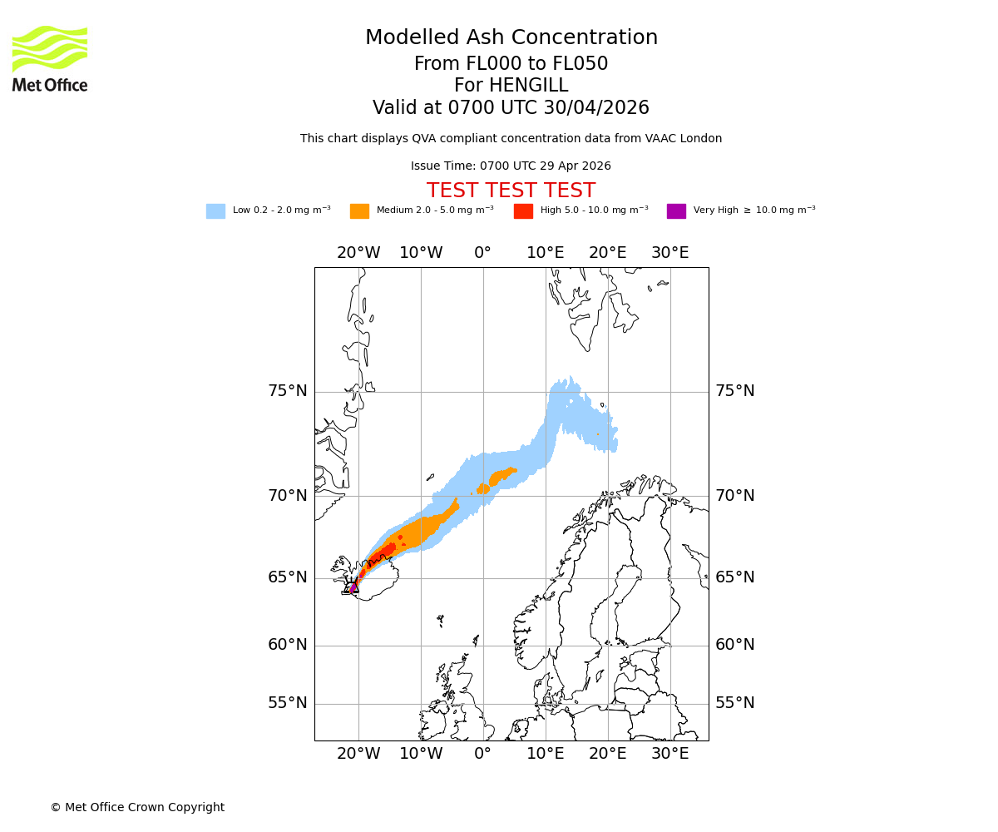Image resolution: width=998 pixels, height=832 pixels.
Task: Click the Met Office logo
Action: (50, 58)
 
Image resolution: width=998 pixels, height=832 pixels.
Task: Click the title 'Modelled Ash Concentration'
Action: (511, 37)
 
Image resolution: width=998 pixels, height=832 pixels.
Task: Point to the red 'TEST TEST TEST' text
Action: (511, 191)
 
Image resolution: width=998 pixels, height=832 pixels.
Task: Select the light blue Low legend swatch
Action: (215, 211)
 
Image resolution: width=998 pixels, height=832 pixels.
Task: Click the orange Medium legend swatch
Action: (359, 211)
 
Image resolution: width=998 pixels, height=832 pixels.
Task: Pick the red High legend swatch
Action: (523, 211)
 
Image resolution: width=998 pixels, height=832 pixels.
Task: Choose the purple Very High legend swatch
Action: (676, 211)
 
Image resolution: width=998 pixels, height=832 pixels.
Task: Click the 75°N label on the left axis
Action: (287, 391)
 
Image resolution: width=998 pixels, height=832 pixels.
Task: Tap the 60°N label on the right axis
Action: (734, 645)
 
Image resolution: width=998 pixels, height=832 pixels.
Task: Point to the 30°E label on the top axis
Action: (669, 253)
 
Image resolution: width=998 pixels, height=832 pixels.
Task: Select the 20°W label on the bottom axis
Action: (358, 754)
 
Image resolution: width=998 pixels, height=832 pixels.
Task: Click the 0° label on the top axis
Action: (482, 253)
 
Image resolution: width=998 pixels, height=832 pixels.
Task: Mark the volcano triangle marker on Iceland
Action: (353, 587)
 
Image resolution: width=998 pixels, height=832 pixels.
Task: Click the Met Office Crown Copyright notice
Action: (137, 807)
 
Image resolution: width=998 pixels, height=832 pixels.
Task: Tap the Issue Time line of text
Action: (511, 166)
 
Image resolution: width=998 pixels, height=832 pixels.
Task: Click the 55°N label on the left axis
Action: (287, 703)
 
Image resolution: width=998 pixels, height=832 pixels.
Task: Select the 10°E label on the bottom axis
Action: (546, 754)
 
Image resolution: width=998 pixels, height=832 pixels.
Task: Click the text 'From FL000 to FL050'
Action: (511, 64)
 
